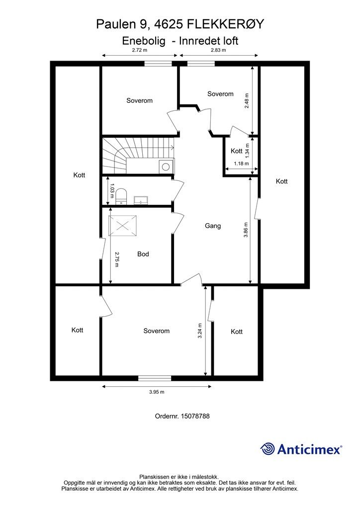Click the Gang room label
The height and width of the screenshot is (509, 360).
(212, 226)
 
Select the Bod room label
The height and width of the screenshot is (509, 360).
(143, 254)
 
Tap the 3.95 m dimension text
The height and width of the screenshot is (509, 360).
(157, 392)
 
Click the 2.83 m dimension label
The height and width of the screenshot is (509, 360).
(218, 50)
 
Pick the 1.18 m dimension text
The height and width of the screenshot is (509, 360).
(241, 163)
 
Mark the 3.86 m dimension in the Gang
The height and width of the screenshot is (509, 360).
(245, 230)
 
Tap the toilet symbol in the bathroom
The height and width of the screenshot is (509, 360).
(121, 197)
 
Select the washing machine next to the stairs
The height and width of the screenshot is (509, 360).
(166, 167)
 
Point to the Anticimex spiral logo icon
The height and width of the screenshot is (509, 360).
(268, 449)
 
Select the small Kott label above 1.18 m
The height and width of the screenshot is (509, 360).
(237, 151)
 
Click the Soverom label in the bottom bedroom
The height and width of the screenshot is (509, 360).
(156, 331)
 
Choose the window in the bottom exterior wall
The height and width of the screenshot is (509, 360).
(154, 378)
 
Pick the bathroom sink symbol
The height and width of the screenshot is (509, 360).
(141, 201)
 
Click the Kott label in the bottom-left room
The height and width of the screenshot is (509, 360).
(77, 330)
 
